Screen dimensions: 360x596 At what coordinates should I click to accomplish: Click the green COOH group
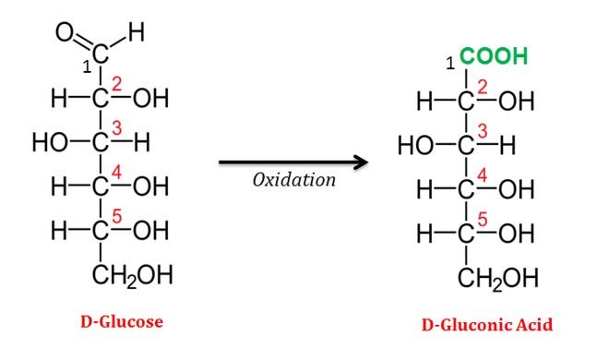click(494, 58)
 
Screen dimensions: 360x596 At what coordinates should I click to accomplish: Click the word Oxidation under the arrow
click(294, 180)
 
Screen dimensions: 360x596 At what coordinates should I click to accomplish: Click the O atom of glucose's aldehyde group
click(65, 35)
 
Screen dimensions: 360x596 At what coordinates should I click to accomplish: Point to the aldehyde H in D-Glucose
click(136, 34)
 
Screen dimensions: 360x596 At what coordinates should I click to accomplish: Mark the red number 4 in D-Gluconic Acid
click(482, 175)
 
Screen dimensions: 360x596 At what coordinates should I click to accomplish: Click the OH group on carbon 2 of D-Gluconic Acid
click(516, 102)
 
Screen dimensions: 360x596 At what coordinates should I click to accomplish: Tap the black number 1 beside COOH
click(449, 63)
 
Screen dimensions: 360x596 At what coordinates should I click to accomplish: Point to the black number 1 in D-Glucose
click(85, 66)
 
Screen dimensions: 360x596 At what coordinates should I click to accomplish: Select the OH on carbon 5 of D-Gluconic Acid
click(516, 234)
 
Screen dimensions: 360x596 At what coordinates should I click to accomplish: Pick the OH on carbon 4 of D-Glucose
click(150, 186)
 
